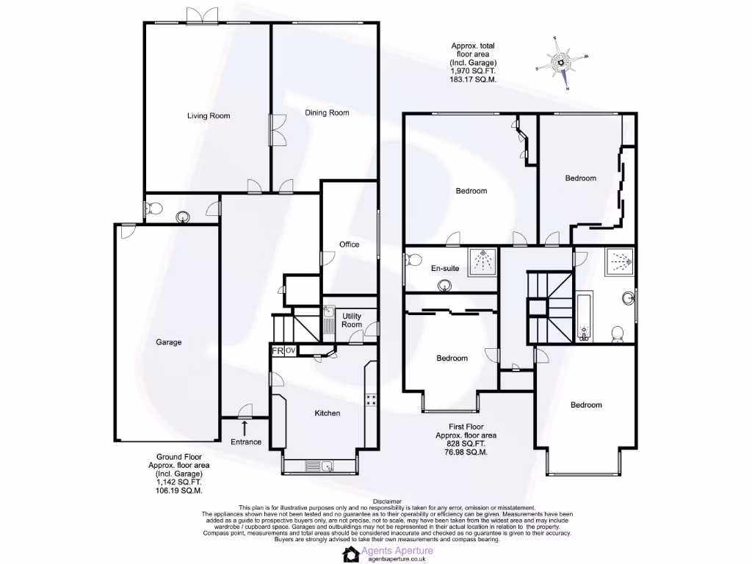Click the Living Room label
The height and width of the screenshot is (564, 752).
pos(209,115)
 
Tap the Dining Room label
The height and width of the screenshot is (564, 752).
pos(327,112)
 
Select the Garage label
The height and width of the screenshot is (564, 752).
pos(168,341)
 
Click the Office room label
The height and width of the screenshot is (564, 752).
pos(349,244)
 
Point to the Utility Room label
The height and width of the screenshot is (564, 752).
pos(352,320)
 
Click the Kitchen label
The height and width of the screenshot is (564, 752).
pos(327,413)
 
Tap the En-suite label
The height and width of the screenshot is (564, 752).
pos(444,268)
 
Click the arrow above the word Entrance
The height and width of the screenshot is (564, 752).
pos(245,426)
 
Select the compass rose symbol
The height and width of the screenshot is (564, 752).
pos(563,63)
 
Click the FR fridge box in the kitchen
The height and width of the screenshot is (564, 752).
pos(278,351)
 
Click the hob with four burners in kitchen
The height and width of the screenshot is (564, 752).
pos(372,400)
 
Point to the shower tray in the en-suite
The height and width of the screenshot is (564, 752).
pos(482,262)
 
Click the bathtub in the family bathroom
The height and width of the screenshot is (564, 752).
pos(585,318)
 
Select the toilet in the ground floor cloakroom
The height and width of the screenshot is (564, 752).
pos(153,209)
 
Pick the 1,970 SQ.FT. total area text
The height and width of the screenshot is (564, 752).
pos(473,71)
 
